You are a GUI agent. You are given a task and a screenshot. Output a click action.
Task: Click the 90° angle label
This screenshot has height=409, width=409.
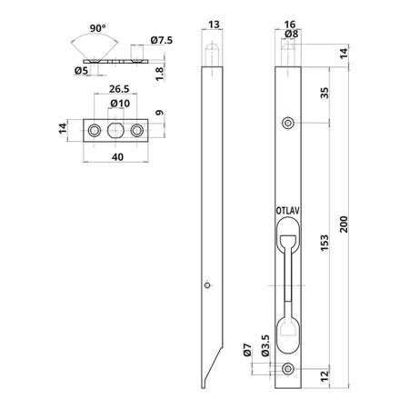(x=98, y=28)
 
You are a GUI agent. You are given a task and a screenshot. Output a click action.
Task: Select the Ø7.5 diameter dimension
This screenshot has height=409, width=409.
(x=162, y=40)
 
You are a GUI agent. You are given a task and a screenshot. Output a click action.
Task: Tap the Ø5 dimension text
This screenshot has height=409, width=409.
(x=81, y=71)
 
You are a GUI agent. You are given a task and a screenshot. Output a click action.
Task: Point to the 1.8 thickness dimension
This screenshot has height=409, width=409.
(x=159, y=74)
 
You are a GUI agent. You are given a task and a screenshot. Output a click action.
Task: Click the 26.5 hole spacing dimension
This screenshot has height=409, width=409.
(x=119, y=89)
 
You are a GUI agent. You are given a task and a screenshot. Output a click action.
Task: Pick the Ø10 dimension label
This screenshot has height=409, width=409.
(x=120, y=104)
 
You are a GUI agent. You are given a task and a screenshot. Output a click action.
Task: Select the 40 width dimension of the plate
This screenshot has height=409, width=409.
(x=117, y=157)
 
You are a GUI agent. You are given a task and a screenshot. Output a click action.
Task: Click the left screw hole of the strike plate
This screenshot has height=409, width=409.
(x=95, y=131)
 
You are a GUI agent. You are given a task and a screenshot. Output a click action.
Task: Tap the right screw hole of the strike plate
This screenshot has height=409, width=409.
(x=137, y=131)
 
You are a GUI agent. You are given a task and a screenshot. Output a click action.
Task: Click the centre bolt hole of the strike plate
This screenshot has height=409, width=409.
(x=115, y=131)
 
